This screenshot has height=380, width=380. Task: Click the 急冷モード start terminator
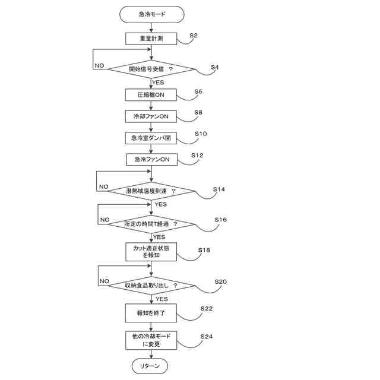tap(152, 13)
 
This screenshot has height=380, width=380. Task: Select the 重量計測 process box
tap(152, 39)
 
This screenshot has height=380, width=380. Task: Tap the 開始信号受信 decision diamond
tap(152, 69)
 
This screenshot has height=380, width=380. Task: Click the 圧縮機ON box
tap(152, 95)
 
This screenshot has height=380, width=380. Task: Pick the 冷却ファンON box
tap(152, 116)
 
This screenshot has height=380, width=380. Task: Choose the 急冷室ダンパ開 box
tap(152, 138)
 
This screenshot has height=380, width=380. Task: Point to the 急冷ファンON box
tap(152, 160)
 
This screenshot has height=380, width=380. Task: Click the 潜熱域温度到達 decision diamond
tap(152, 191)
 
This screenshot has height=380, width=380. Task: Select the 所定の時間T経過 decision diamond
tap(152, 224)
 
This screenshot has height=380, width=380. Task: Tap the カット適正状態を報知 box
tap(152, 252)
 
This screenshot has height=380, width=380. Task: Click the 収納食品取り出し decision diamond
tap(152, 286)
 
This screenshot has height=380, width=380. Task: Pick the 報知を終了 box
tap(152, 312)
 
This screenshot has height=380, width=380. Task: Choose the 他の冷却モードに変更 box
tap(152, 340)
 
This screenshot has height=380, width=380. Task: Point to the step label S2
tap(194, 36)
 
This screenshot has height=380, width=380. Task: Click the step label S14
tap(219, 189)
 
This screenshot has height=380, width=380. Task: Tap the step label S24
tap(207, 337)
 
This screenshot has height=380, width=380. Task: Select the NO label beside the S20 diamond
tap(104, 281)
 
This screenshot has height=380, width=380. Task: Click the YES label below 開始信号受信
tap(158, 83)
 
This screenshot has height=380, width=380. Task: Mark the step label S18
tap(204, 250)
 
